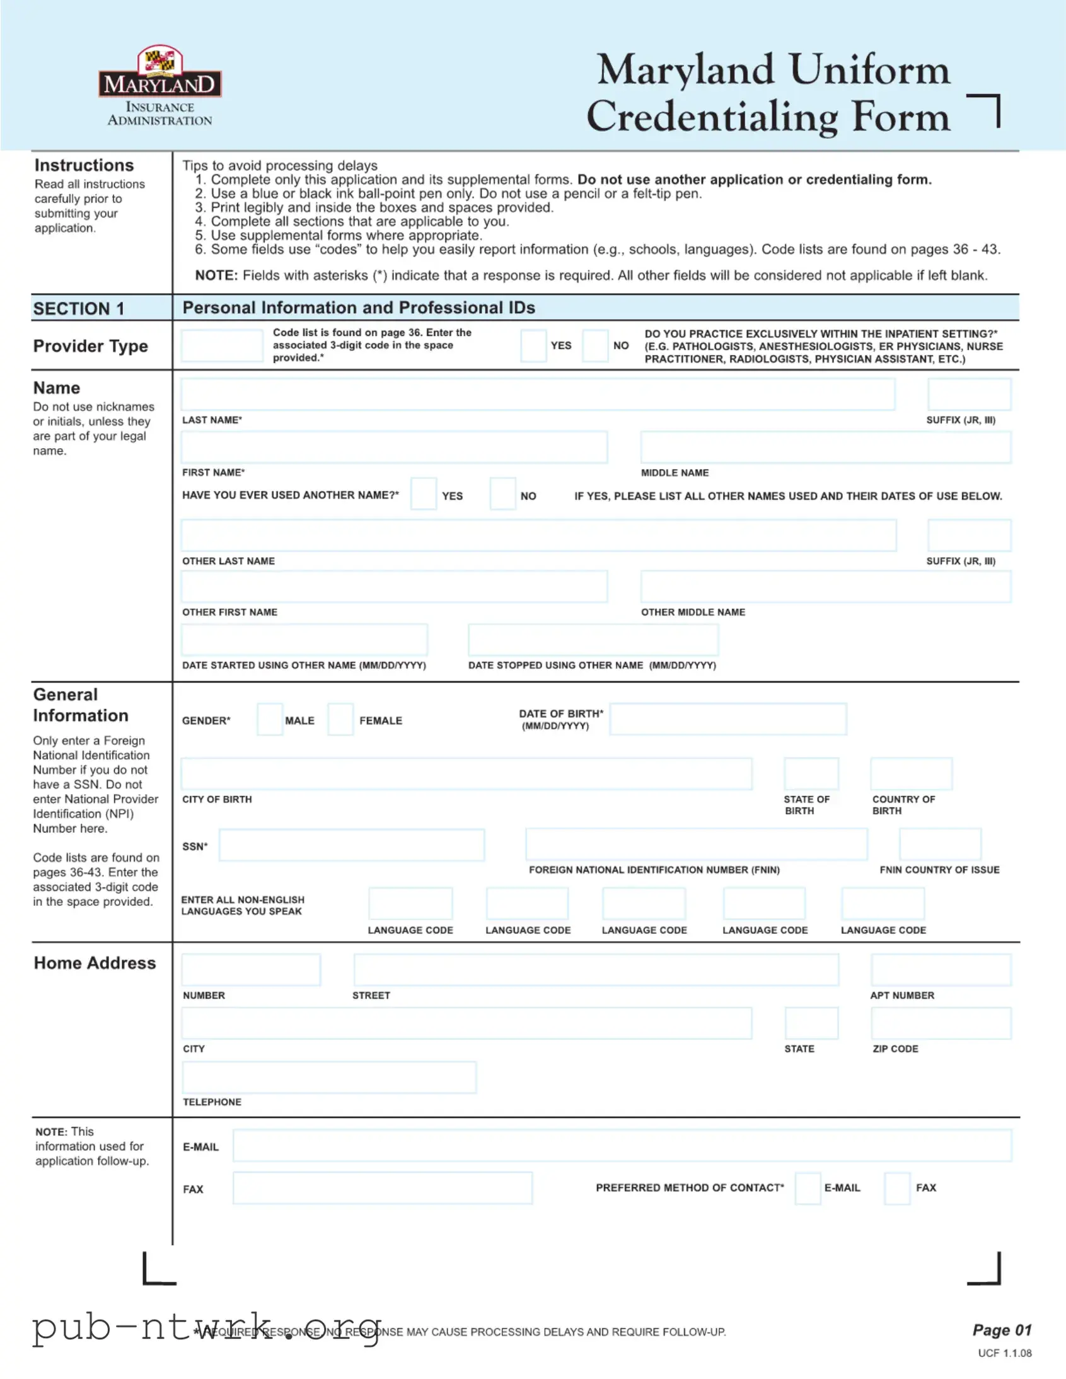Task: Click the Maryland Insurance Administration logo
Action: pos(159,85)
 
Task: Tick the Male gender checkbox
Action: pos(270,719)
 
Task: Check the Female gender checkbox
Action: pos(340,719)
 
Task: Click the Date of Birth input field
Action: pos(727,719)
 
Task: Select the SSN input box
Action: pos(351,845)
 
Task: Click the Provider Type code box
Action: pos(222,345)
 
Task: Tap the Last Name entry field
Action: pos(538,394)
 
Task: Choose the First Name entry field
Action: pos(394,447)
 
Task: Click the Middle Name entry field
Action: pos(825,447)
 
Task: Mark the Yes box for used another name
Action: pos(423,493)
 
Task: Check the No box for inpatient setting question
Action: pos(595,345)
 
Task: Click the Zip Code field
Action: pos(941,1023)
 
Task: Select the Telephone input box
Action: pos(329,1077)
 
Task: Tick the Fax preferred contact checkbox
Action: pos(897,1187)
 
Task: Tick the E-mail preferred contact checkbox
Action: pos(808,1187)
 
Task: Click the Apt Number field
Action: pos(941,970)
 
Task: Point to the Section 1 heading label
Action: pos(79,308)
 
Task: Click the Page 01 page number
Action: pos(1002,1330)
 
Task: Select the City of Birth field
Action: pos(466,773)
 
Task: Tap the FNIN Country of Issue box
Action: pos(940,844)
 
